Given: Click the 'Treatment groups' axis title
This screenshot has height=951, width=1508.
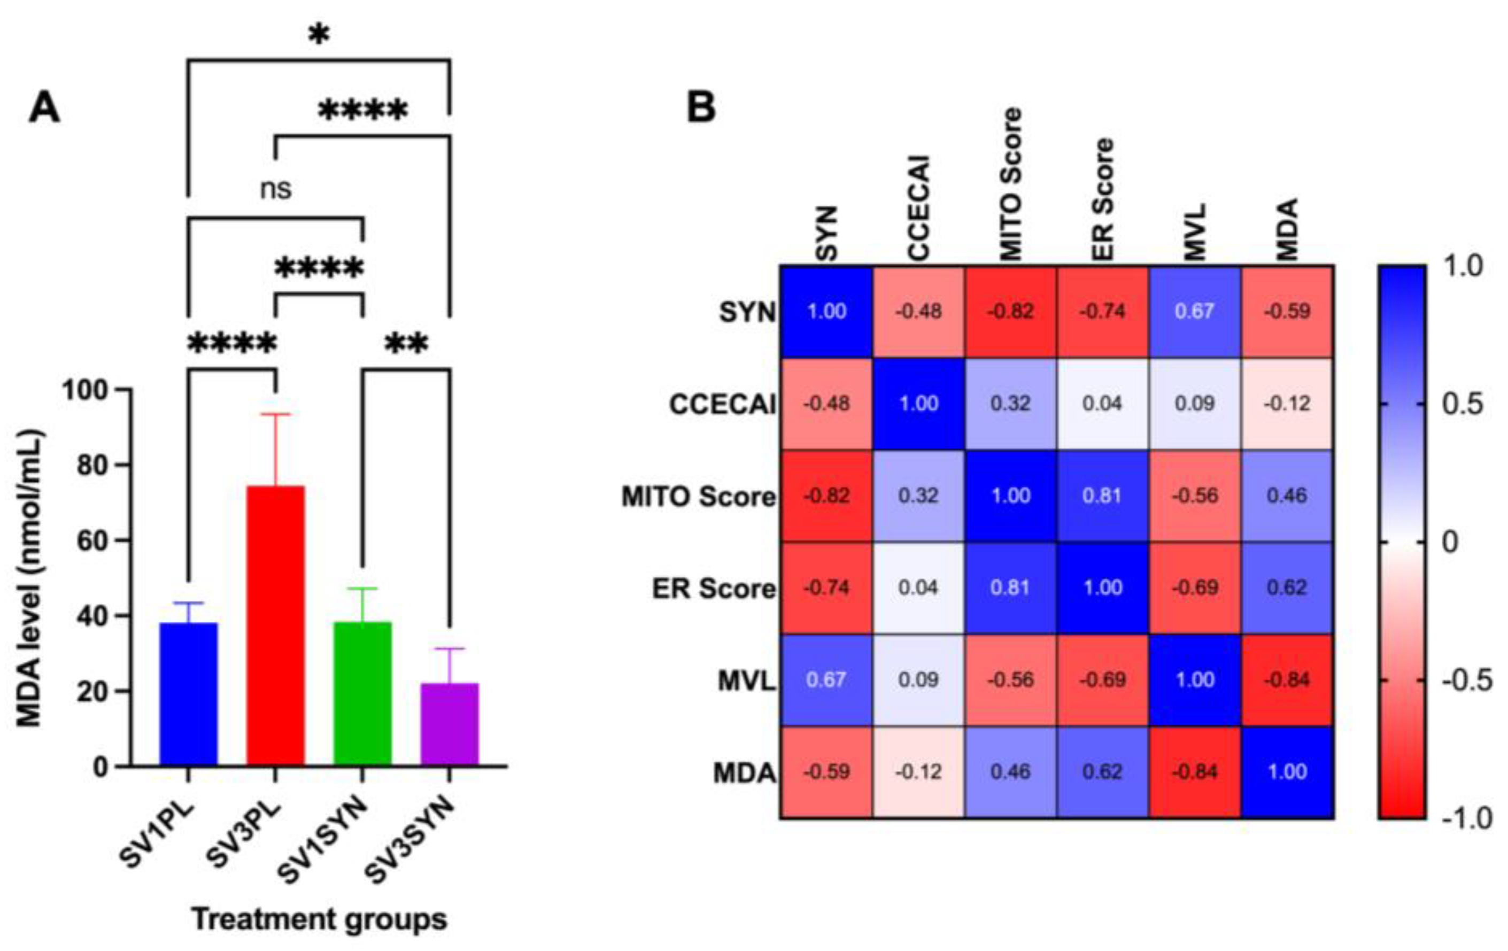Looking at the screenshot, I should (319, 919).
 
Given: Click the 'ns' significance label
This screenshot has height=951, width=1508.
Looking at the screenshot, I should (275, 188).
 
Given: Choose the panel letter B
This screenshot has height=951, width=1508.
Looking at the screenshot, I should (701, 107).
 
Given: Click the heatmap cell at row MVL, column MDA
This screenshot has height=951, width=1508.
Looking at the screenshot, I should (1288, 680).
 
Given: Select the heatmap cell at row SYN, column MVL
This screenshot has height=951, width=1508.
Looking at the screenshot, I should (1195, 311).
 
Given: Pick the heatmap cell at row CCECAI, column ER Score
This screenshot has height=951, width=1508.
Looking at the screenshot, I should (1103, 403).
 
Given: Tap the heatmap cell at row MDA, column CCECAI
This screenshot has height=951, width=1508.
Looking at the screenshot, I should (919, 772).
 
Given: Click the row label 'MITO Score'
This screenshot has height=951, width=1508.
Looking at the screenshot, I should (698, 497).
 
